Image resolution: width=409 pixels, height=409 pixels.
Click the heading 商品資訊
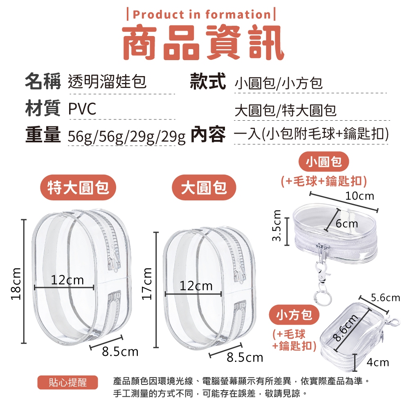203,43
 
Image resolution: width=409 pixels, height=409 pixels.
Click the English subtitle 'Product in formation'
202,14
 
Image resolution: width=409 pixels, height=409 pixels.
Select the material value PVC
82,109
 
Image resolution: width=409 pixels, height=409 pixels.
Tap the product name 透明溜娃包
107,81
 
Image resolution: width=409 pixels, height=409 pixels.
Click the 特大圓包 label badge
78,187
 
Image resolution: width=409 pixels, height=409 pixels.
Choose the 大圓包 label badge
204,187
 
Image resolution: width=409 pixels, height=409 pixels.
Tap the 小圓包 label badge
324,162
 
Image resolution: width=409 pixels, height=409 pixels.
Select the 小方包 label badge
294,315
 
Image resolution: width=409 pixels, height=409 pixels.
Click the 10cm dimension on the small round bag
360,196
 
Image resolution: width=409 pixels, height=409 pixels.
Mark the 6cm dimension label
347,224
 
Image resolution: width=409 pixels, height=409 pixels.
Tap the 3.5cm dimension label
276,225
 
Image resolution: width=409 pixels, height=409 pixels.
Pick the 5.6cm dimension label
385,298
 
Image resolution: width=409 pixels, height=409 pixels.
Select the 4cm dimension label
378,362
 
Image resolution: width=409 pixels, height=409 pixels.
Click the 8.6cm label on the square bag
346,328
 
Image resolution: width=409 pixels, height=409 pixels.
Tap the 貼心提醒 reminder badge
67,382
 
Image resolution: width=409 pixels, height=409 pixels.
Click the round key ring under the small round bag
323,298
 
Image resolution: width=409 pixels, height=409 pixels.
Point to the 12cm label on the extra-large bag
67,280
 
